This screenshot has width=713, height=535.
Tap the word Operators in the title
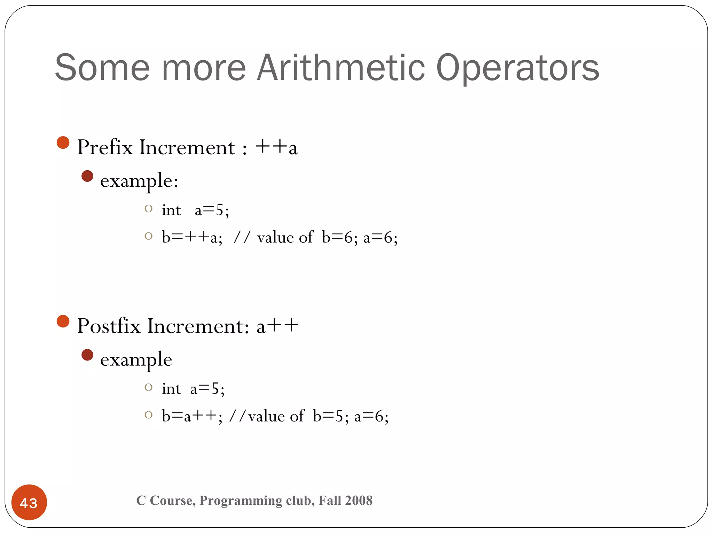point(517,68)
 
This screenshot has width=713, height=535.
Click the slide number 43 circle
point(29,502)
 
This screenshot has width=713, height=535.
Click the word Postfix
point(109,326)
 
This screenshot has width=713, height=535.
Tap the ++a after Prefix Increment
point(276,147)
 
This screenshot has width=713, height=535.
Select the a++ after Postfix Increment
point(277,326)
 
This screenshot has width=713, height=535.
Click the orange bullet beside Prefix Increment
point(63,142)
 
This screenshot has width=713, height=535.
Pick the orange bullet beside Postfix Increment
point(63,321)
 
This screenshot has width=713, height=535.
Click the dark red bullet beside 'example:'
point(87,176)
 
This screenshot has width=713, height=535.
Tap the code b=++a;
point(192,238)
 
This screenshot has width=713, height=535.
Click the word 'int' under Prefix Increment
point(171,210)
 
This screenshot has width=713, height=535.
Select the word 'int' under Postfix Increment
point(171,389)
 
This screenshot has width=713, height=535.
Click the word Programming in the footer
point(241,501)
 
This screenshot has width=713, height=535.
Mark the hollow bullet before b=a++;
point(149,415)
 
